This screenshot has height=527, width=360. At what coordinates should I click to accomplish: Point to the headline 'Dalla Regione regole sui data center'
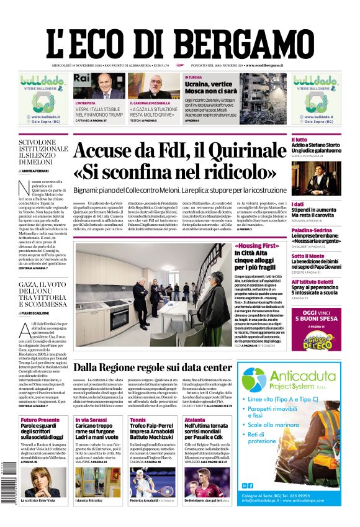(161, 368)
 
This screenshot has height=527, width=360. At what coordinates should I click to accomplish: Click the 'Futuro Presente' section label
(40, 420)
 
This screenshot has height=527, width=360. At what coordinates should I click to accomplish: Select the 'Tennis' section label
(138, 420)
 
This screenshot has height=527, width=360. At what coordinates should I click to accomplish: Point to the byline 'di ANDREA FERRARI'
(35, 170)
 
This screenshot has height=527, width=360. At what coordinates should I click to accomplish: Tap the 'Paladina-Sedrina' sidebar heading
(312, 230)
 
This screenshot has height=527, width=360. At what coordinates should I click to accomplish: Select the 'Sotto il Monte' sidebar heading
(308, 255)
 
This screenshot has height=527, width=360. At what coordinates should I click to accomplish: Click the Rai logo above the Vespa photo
(82, 78)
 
